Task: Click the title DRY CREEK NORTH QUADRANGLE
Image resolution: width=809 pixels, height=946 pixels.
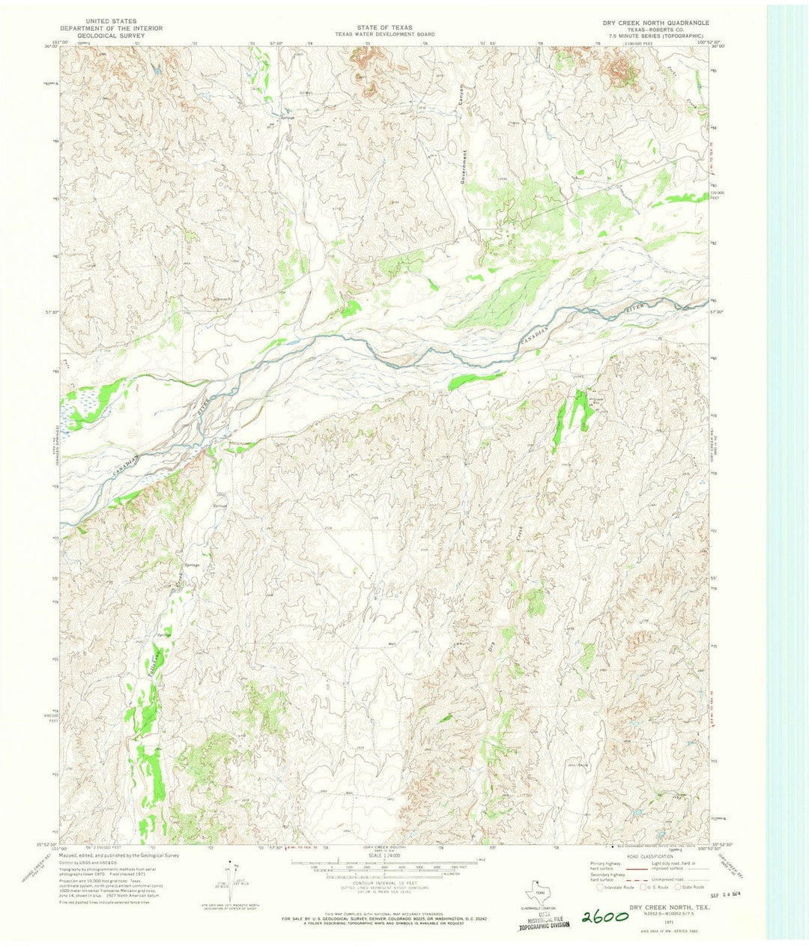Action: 656,23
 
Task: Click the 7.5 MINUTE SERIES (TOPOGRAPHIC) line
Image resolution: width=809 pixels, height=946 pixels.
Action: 656,35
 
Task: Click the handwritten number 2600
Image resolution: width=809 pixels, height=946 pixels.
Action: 606,917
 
